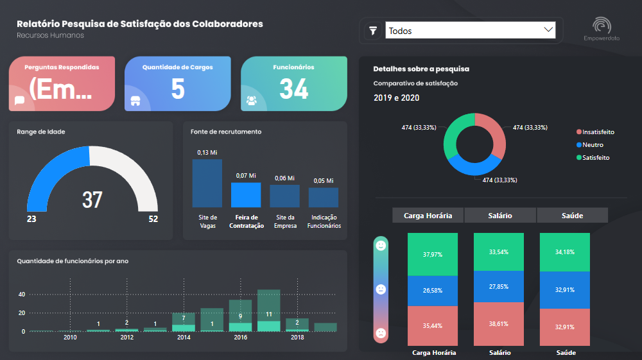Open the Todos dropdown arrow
click(548, 30)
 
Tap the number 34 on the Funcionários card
click(293, 89)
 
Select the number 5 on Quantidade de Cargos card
click(178, 89)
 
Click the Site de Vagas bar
click(207, 183)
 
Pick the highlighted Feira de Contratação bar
click(246, 194)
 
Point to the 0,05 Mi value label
click(324, 181)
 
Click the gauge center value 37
click(92, 200)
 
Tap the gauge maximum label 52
click(153, 219)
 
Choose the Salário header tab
click(500, 216)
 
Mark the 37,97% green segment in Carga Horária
click(432, 254)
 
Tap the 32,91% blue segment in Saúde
click(564, 290)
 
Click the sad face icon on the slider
click(381, 333)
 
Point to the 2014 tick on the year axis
click(184, 338)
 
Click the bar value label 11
click(269, 314)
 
